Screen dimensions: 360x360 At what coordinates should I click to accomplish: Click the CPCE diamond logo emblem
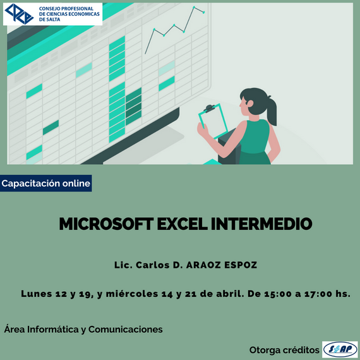tap(19, 14)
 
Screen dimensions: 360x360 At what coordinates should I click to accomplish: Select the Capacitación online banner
tap(45, 183)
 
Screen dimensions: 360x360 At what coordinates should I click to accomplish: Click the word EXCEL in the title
tap(183, 224)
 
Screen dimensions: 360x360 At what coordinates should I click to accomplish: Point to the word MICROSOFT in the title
tap(106, 224)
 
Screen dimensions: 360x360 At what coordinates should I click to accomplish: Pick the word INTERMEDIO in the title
tap(261, 224)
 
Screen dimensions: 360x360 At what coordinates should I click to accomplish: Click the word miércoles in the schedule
tap(132, 294)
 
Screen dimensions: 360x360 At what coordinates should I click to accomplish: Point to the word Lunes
tap(36, 294)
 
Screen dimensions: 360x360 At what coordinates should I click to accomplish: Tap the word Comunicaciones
tap(125, 330)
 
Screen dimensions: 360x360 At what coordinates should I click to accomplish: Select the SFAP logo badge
tap(340, 349)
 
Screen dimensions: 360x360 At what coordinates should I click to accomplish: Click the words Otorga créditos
tap(284, 350)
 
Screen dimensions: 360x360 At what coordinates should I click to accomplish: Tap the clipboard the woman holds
tap(213, 121)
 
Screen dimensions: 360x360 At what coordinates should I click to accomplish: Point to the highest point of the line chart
tap(194, 8)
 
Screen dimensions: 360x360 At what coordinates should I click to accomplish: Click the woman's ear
tap(250, 104)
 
